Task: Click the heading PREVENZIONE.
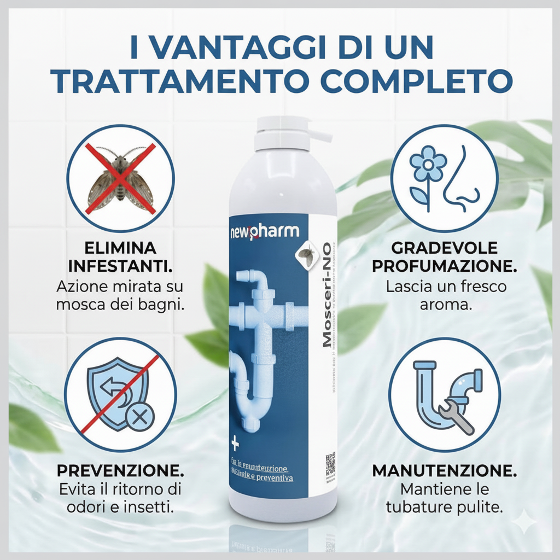(x=120, y=471)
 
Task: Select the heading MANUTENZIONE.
(x=445, y=471)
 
